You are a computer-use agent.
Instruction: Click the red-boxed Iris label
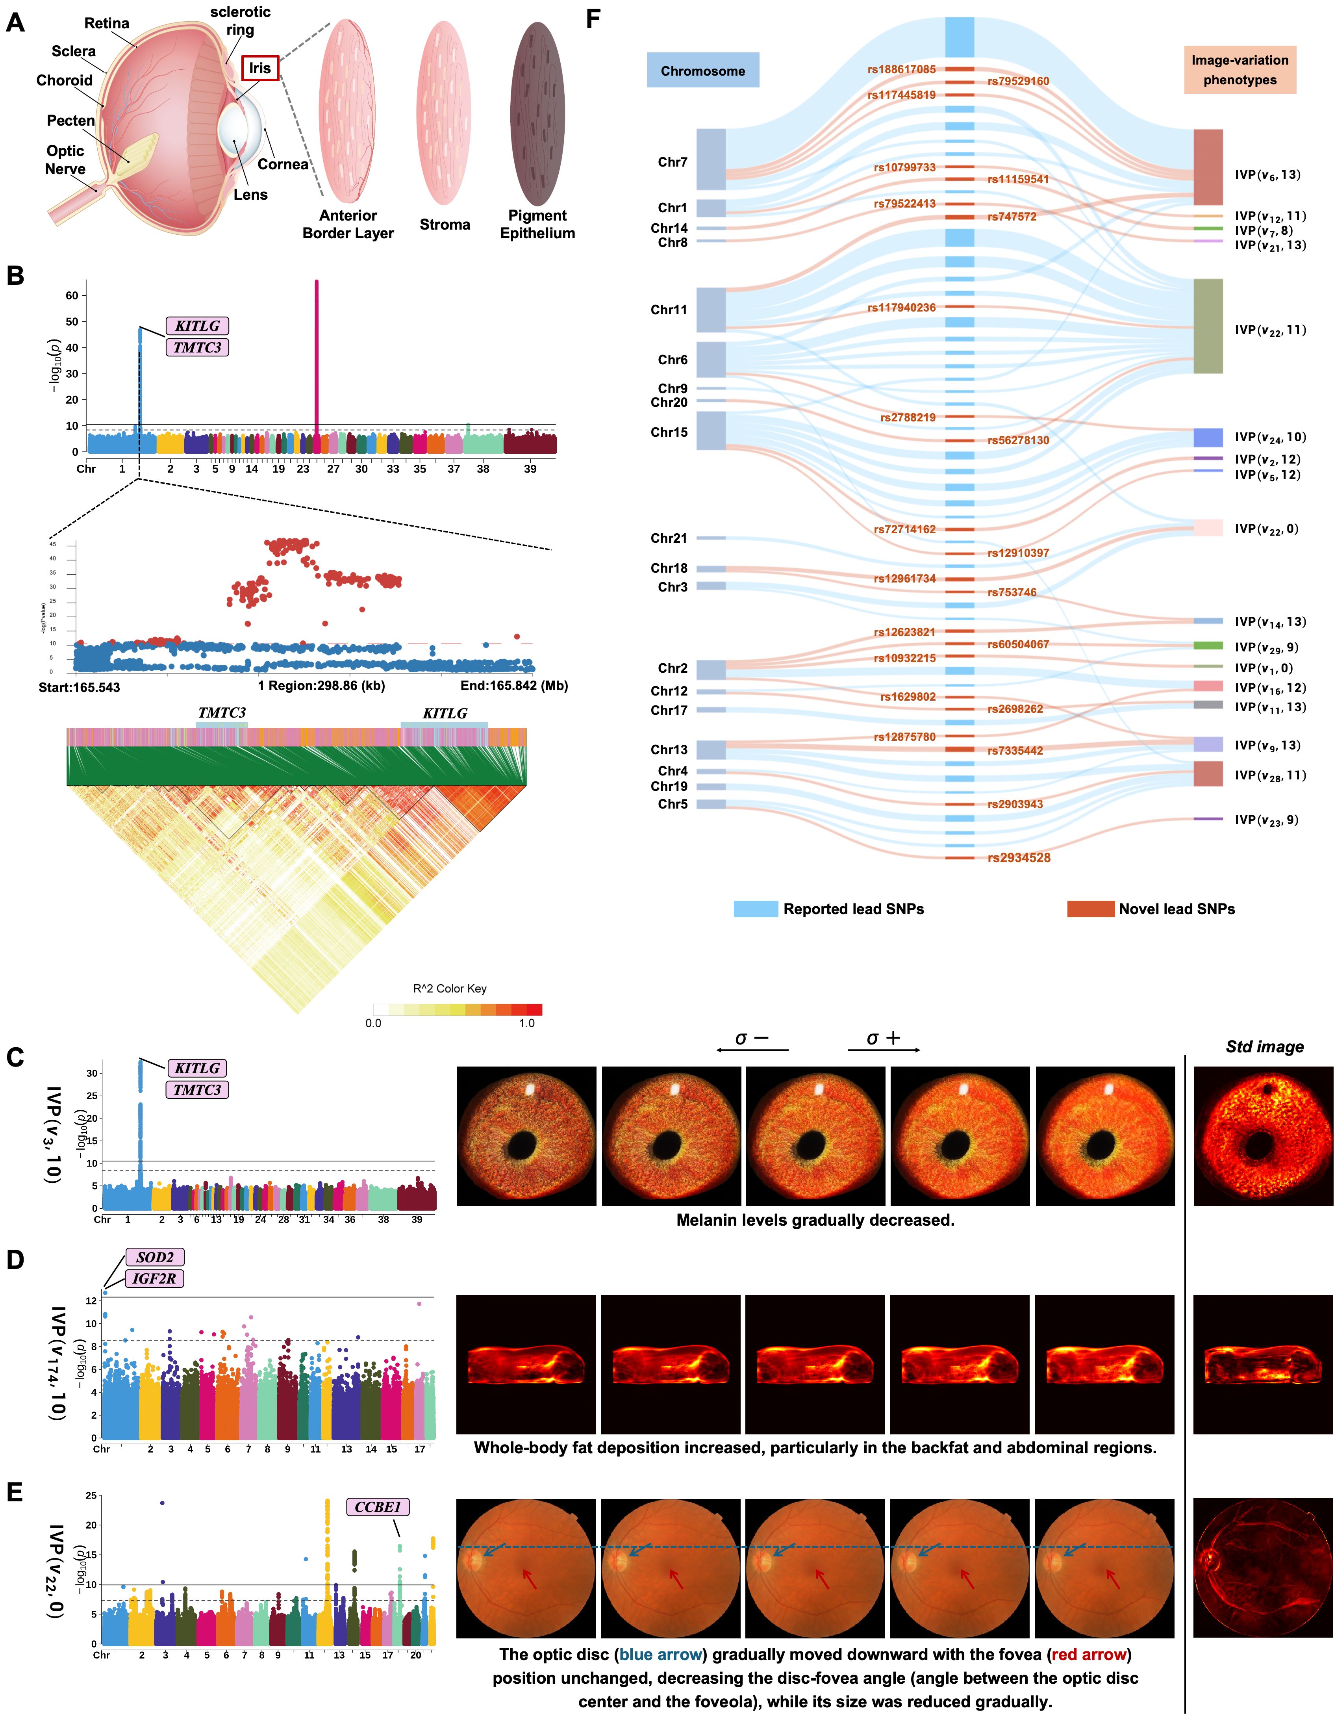[x=260, y=69]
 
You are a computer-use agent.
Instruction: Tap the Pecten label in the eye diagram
[x=71, y=120]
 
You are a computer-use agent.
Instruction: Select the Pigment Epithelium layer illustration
[x=537, y=114]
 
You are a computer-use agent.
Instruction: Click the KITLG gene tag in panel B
[x=197, y=325]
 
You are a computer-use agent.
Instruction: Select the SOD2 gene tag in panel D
[x=155, y=1257]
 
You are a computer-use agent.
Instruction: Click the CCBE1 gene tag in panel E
[x=378, y=1506]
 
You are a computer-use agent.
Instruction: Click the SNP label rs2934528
[x=1019, y=857]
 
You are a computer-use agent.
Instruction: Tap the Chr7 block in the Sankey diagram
[x=711, y=160]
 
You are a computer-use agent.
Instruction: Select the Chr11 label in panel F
[x=669, y=310]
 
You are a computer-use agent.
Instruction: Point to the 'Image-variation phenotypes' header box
[x=1240, y=70]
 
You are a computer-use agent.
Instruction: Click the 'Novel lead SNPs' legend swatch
[x=1090, y=909]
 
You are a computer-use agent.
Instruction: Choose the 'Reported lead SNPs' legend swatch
[x=756, y=909]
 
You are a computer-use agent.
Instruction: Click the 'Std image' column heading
[x=1264, y=1046]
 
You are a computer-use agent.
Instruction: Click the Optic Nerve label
[x=65, y=160]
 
